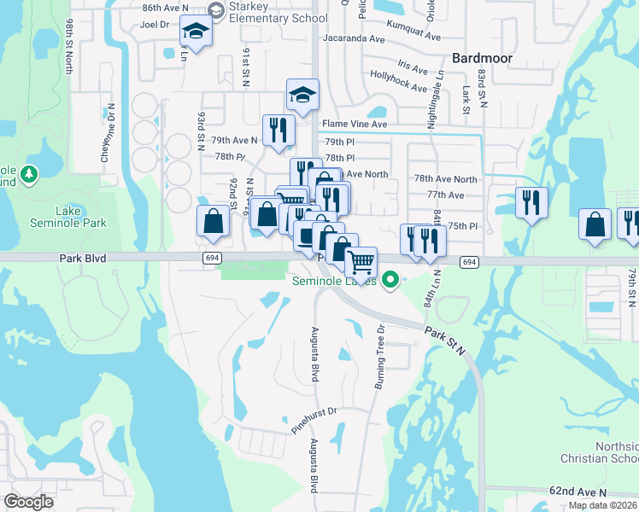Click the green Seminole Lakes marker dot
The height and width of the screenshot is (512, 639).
[390, 279]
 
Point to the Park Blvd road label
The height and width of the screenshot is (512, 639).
[84, 257]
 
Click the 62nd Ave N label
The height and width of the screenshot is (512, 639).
[578, 492]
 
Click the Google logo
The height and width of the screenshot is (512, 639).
[28, 502]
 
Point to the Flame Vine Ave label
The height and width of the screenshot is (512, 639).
[355, 125]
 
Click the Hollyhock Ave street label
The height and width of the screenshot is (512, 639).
[399, 86]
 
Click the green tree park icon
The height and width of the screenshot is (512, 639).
[30, 175]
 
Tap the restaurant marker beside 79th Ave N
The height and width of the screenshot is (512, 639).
[278, 131]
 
